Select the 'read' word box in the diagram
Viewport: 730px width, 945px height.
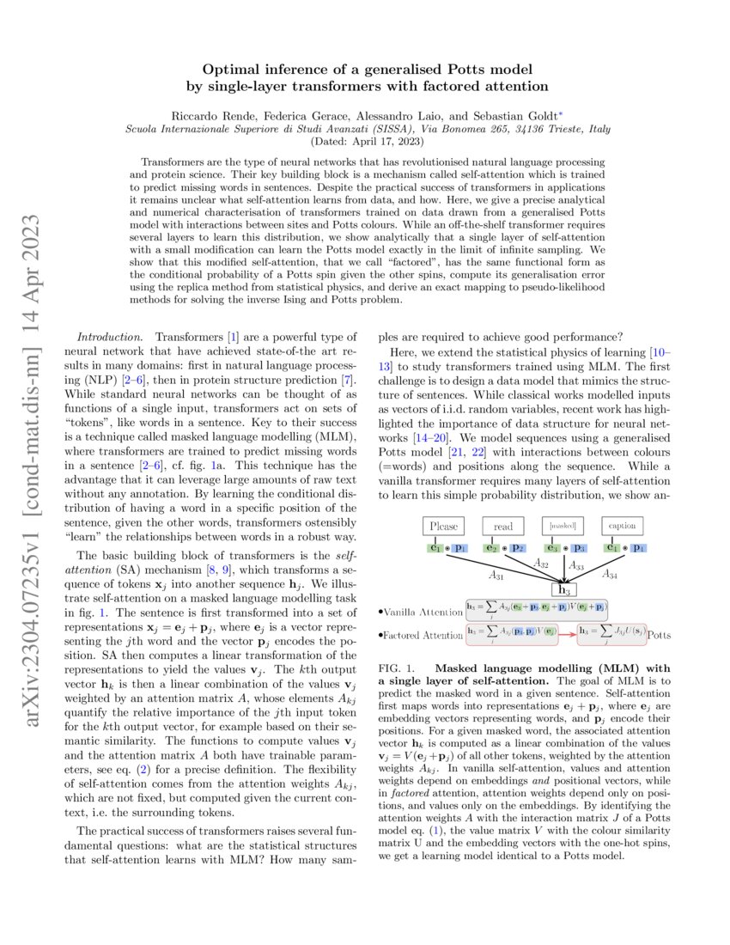502,525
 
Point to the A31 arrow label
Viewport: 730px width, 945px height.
496,575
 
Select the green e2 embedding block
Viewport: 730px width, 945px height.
493,546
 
